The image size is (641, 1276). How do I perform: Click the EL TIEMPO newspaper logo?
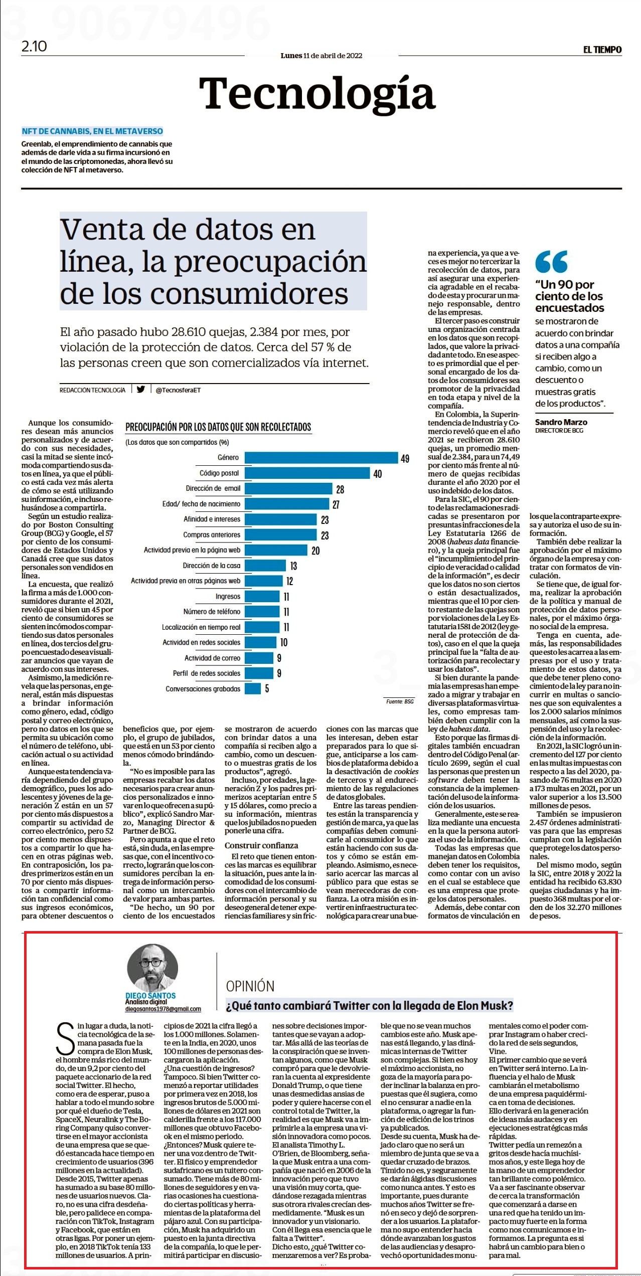click(x=602, y=50)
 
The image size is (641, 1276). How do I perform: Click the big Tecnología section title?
click(x=317, y=93)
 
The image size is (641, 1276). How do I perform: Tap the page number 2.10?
click(x=34, y=47)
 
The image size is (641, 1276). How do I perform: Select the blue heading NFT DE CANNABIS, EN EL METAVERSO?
click(x=92, y=131)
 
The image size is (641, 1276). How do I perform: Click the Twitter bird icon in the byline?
click(x=141, y=389)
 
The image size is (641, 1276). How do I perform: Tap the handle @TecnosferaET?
click(x=178, y=390)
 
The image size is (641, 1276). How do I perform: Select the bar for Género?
click(x=322, y=457)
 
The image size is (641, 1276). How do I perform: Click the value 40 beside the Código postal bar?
click(x=378, y=474)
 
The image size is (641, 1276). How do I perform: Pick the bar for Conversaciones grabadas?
click(x=253, y=688)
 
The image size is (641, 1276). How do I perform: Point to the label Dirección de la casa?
click(x=212, y=566)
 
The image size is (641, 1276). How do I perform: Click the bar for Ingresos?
click(x=262, y=596)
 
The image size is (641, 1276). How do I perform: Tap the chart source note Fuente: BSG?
click(x=400, y=701)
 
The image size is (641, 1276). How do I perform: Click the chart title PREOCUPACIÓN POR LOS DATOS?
click(x=218, y=427)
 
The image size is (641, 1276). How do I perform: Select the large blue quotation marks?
click(x=551, y=261)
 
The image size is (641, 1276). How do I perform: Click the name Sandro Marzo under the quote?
click(x=561, y=422)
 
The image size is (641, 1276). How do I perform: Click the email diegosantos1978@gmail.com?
click(x=163, y=1009)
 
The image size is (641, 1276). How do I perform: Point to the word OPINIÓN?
click(x=250, y=986)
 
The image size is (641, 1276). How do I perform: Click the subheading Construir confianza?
click(x=261, y=845)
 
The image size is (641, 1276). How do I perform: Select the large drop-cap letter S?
click(x=66, y=1039)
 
